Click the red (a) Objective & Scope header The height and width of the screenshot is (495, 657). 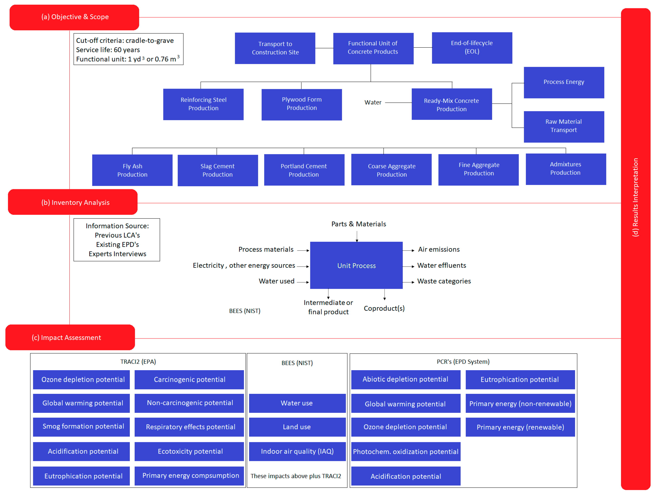point(74,17)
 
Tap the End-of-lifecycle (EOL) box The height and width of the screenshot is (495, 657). point(472,47)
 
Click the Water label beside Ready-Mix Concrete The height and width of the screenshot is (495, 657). point(373,102)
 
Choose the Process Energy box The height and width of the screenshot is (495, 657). point(563,82)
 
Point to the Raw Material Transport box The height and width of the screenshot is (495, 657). point(563,126)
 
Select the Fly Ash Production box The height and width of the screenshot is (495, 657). point(132,170)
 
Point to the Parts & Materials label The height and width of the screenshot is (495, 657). point(358,224)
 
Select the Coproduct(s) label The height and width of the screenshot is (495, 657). point(384,308)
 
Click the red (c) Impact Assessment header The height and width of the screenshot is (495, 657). point(70,337)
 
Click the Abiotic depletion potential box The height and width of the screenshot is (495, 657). point(406,379)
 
